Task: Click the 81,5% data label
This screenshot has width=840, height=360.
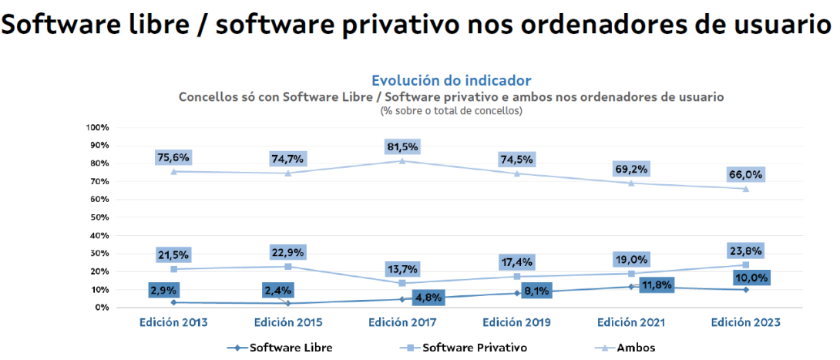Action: [402, 146]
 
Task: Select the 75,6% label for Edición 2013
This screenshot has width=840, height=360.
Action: [173, 157]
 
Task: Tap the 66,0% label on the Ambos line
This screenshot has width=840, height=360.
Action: [745, 174]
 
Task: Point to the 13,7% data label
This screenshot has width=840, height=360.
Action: [402, 269]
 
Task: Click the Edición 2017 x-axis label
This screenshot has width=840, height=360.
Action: [402, 321]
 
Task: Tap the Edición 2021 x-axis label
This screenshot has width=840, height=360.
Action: [631, 321]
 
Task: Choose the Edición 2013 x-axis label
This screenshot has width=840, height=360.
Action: [173, 321]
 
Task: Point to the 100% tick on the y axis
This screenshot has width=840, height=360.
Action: [98, 127]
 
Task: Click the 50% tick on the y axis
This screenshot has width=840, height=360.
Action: [99, 217]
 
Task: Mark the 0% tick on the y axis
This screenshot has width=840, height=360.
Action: [102, 308]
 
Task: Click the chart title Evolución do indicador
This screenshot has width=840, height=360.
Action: [451, 80]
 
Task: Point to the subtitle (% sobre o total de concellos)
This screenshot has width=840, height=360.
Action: [451, 111]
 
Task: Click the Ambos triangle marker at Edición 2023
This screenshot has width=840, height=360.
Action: [745, 188]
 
